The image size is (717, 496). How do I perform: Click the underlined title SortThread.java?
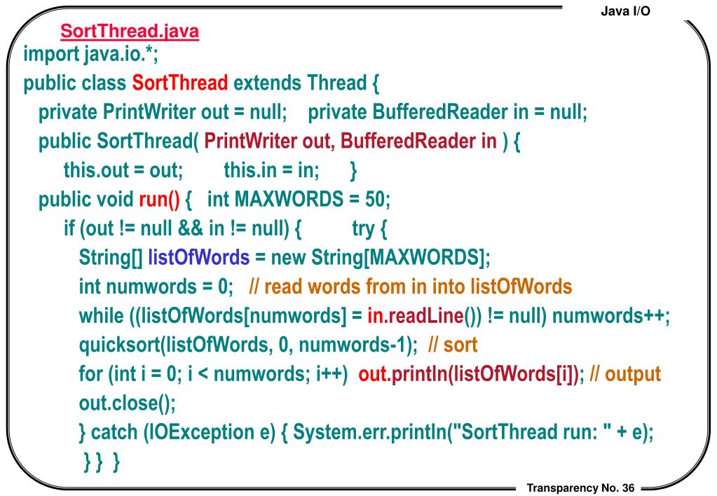point(130,32)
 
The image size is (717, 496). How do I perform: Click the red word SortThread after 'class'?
point(180,84)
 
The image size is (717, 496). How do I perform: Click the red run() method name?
point(160,200)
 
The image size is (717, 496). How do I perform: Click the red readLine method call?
point(423,316)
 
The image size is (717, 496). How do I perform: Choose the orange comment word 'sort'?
point(460,345)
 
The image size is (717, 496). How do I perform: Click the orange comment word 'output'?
point(633,373)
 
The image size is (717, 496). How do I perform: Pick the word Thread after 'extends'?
point(335,84)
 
